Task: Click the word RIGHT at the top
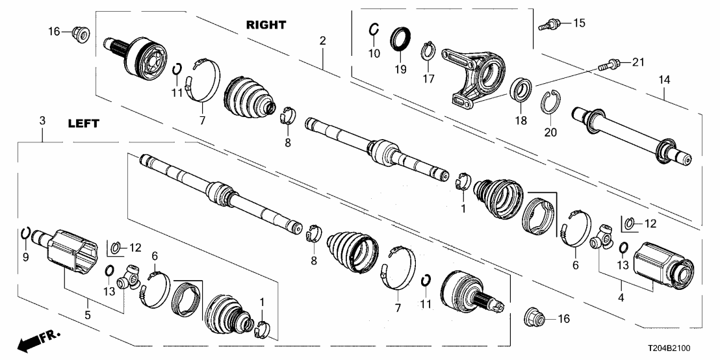pyautogui.click(x=266, y=25)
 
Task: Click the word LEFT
pyautogui.click(x=83, y=123)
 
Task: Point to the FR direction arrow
pyautogui.click(x=35, y=341)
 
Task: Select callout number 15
pyautogui.click(x=578, y=23)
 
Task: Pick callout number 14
pyautogui.click(x=663, y=80)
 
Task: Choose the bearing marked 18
pyautogui.click(x=521, y=89)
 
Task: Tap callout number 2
pyautogui.click(x=322, y=41)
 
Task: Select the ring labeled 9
pyautogui.click(x=25, y=235)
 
